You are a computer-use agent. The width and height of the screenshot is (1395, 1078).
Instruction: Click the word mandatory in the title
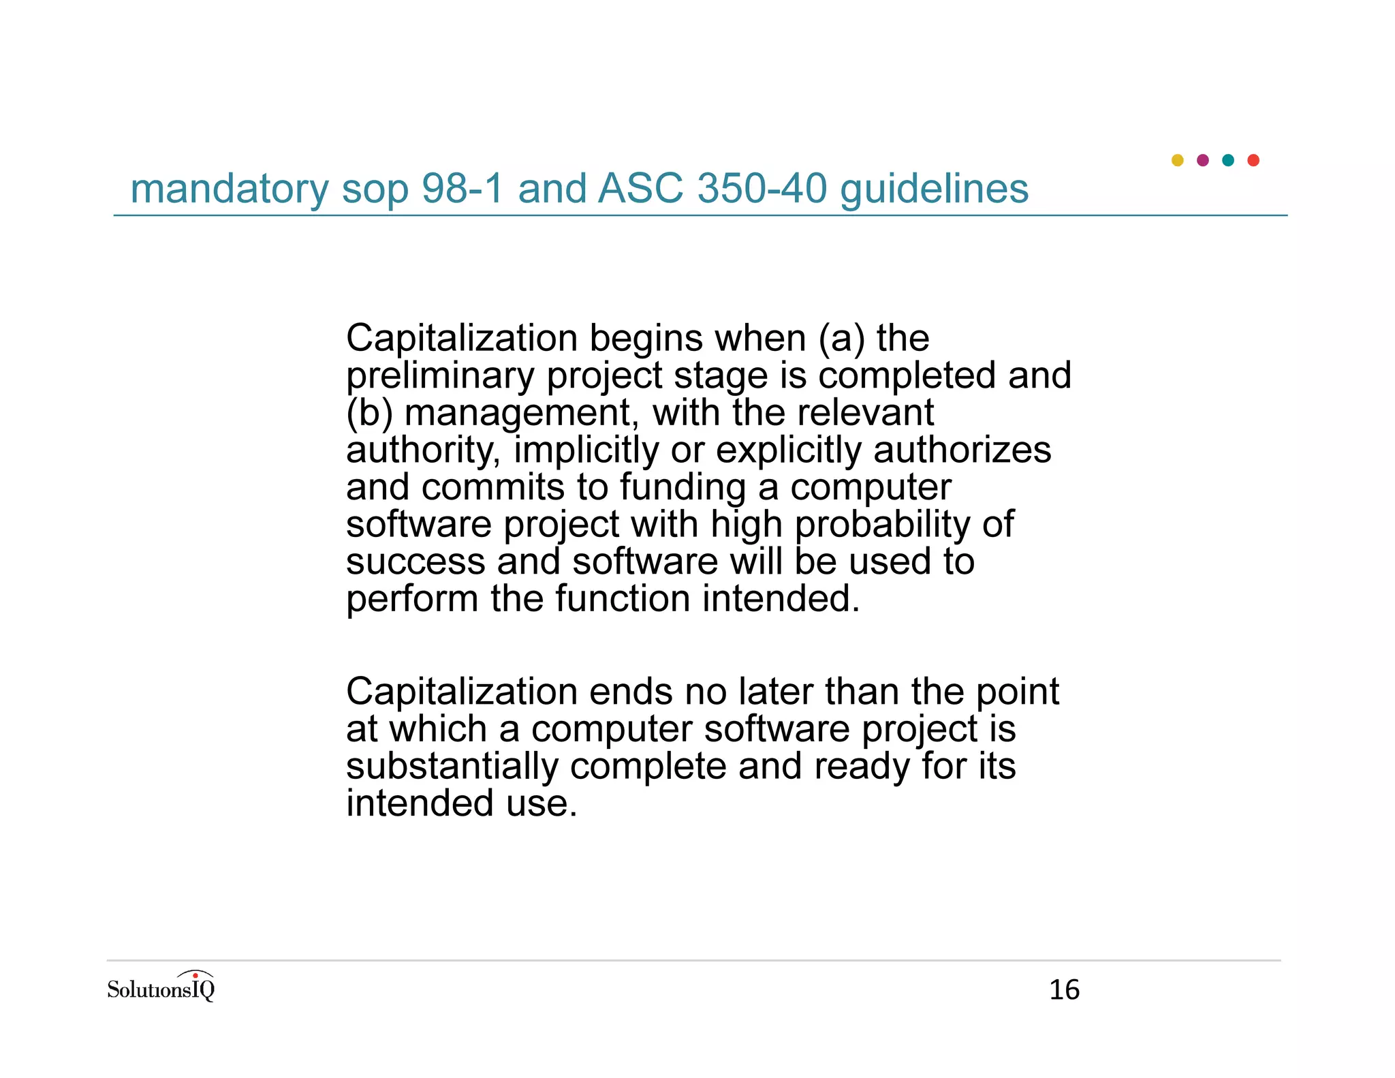[229, 189]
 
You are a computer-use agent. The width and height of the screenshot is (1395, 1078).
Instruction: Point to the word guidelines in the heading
[934, 189]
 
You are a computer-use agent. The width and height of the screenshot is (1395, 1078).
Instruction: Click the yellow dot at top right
[1177, 160]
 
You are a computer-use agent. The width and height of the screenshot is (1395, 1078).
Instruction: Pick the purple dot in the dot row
[1202, 160]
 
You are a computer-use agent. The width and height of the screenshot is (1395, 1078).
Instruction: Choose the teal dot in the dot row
[1228, 160]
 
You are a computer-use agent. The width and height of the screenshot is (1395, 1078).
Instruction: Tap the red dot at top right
[1253, 160]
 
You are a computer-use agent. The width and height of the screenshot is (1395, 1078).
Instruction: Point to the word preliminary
[439, 375]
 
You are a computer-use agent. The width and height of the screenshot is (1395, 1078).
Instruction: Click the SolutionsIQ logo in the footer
[161, 987]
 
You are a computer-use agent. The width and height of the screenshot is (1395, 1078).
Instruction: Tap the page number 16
[1064, 990]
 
